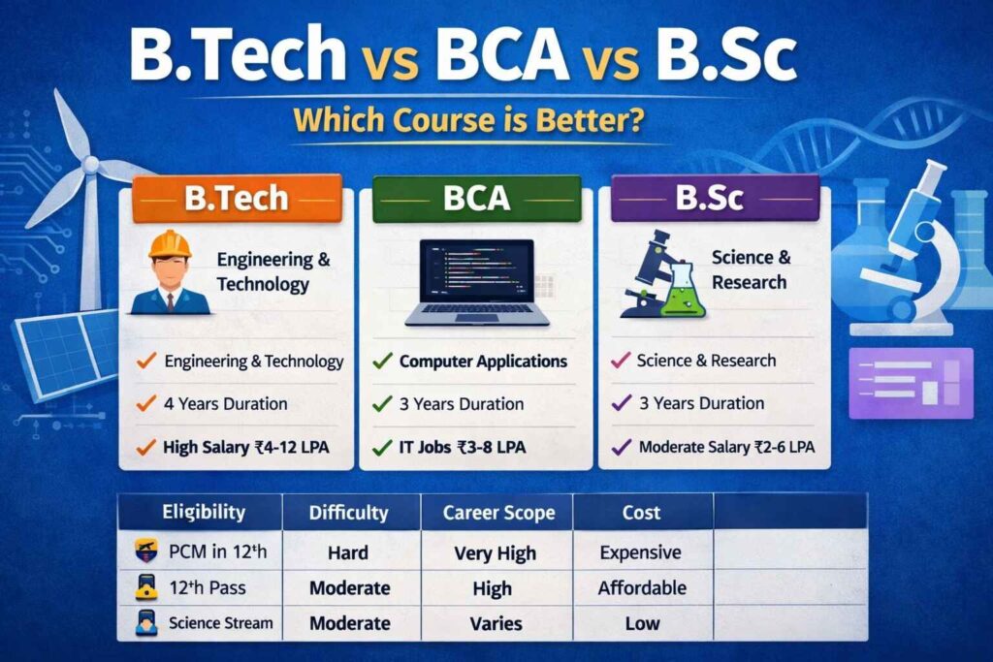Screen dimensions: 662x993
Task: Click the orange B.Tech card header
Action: (237, 199)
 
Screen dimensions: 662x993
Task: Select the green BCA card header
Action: (476, 199)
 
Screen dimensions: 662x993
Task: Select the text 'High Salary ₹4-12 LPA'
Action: (244, 447)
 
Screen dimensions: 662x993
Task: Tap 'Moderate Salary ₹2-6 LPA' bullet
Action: (725, 447)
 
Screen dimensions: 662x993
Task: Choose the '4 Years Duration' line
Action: (225, 403)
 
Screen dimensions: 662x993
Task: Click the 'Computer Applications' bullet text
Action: (483, 361)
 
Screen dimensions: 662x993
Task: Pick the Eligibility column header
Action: (204, 512)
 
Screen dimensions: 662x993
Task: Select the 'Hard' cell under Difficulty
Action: (348, 552)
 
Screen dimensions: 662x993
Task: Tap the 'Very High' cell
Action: (495, 552)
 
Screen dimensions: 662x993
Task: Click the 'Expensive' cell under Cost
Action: (640, 552)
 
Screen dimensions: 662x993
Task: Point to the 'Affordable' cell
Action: (642, 587)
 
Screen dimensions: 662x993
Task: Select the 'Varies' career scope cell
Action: (495, 623)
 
